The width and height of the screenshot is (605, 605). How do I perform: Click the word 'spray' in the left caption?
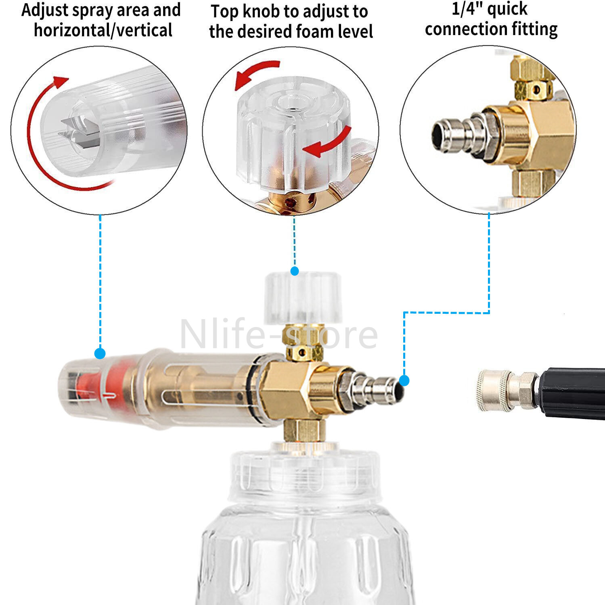96,10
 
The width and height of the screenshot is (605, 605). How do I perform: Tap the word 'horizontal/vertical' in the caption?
103,30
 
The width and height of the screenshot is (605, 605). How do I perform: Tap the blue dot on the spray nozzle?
100,354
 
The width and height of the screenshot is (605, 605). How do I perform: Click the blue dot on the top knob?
295,271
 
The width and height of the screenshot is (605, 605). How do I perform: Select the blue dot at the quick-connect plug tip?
404,380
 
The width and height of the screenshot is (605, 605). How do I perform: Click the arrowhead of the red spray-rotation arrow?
61,81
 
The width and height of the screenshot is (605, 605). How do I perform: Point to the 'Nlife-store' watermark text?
279,334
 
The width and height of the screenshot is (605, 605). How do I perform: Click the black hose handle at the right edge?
572,392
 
